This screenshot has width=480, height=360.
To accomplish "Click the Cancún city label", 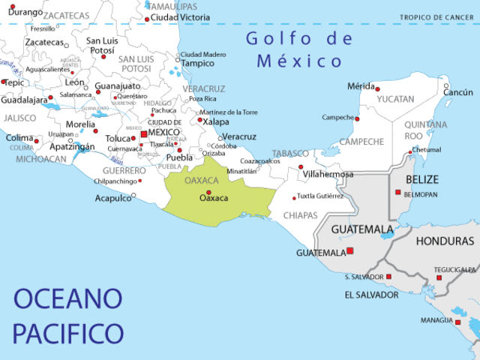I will coord(459,92).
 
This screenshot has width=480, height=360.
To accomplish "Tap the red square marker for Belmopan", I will coord(398,192).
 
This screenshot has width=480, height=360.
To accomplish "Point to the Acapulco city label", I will coord(112,198).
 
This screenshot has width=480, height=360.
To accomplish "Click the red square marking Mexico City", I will coord(144,133).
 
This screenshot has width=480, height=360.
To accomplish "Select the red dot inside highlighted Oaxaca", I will coord(208,192).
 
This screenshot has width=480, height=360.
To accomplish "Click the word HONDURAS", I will coord(445,241).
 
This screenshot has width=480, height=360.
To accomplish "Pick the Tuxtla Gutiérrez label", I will coord(320,196).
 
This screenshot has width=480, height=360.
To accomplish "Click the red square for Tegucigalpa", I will coord(439,277).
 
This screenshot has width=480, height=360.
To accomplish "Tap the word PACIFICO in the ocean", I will coord(67,331).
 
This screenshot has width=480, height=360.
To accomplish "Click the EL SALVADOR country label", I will coord(371,295).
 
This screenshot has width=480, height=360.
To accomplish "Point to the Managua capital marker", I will coord(457,322).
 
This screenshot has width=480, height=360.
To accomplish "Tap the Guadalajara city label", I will coord(24,100).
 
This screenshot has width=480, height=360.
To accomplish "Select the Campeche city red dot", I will coord(357,118).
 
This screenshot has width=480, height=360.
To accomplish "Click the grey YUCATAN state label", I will coord(395,99).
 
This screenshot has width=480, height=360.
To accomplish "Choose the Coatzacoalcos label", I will coord(260,160).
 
